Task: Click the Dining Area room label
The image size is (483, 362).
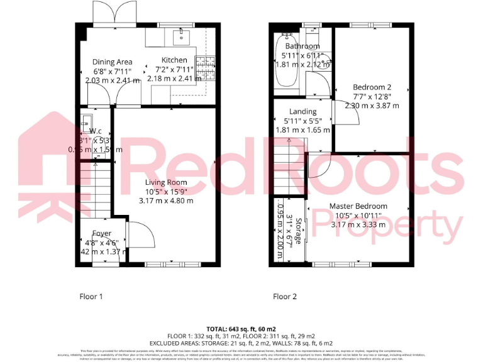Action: point(112,62)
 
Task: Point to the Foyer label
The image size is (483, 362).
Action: point(102,234)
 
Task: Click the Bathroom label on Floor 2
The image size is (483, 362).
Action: point(303,47)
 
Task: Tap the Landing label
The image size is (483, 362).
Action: point(303,111)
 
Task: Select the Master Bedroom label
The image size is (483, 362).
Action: point(358,206)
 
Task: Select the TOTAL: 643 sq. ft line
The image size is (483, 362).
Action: point(241,329)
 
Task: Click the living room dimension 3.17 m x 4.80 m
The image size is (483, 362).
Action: point(166,200)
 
